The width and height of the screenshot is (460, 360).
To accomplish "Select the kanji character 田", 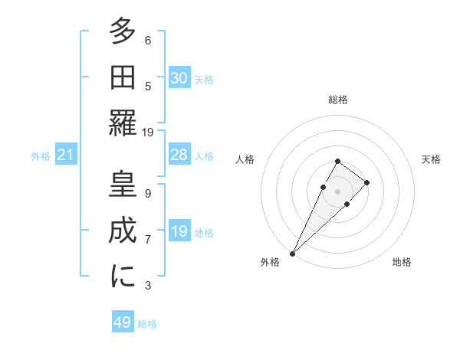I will (123, 77).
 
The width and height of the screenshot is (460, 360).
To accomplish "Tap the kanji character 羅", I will (123, 123).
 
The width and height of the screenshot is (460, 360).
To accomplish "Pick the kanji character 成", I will (123, 231).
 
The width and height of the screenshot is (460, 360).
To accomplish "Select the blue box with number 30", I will (179, 77).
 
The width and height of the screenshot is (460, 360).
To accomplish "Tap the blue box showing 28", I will (179, 155).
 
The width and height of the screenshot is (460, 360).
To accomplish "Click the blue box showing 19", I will (179, 231).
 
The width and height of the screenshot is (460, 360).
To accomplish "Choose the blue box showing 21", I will (66, 155).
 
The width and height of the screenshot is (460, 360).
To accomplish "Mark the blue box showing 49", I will (123, 322).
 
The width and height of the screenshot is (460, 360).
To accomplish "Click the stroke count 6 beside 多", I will (148, 40).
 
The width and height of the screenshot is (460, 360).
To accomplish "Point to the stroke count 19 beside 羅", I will (148, 132).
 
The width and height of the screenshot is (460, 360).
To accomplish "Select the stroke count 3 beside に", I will (148, 286).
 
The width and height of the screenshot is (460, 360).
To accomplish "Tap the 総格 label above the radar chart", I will (338, 100).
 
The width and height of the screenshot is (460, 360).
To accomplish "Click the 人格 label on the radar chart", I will (245, 159).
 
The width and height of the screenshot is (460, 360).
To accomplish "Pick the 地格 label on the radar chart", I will (402, 262).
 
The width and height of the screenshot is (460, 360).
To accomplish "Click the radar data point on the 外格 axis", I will (293, 253).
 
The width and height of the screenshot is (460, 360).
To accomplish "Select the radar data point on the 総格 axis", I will (338, 161).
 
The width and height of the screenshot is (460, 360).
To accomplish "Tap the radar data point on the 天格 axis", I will (367, 182).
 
